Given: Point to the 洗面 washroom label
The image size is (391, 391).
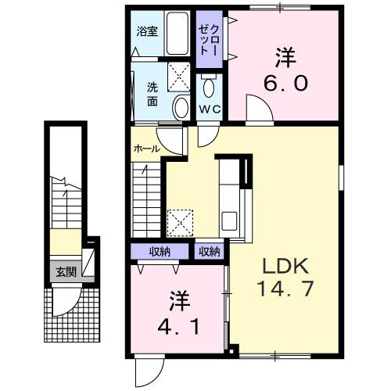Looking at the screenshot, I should [152, 94].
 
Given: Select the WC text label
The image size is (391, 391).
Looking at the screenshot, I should [209, 109].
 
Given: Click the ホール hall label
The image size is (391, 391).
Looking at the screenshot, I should [147, 148].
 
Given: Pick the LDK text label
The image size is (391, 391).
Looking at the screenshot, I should [285, 262].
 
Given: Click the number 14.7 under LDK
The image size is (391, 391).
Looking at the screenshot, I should [285, 288].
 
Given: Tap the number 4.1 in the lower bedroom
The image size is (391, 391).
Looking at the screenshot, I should [178, 324].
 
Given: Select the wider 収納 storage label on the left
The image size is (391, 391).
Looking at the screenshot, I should [161, 252].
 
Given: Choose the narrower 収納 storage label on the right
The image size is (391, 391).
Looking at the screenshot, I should [209, 252].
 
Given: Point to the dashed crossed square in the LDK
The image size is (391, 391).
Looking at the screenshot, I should [182, 222].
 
